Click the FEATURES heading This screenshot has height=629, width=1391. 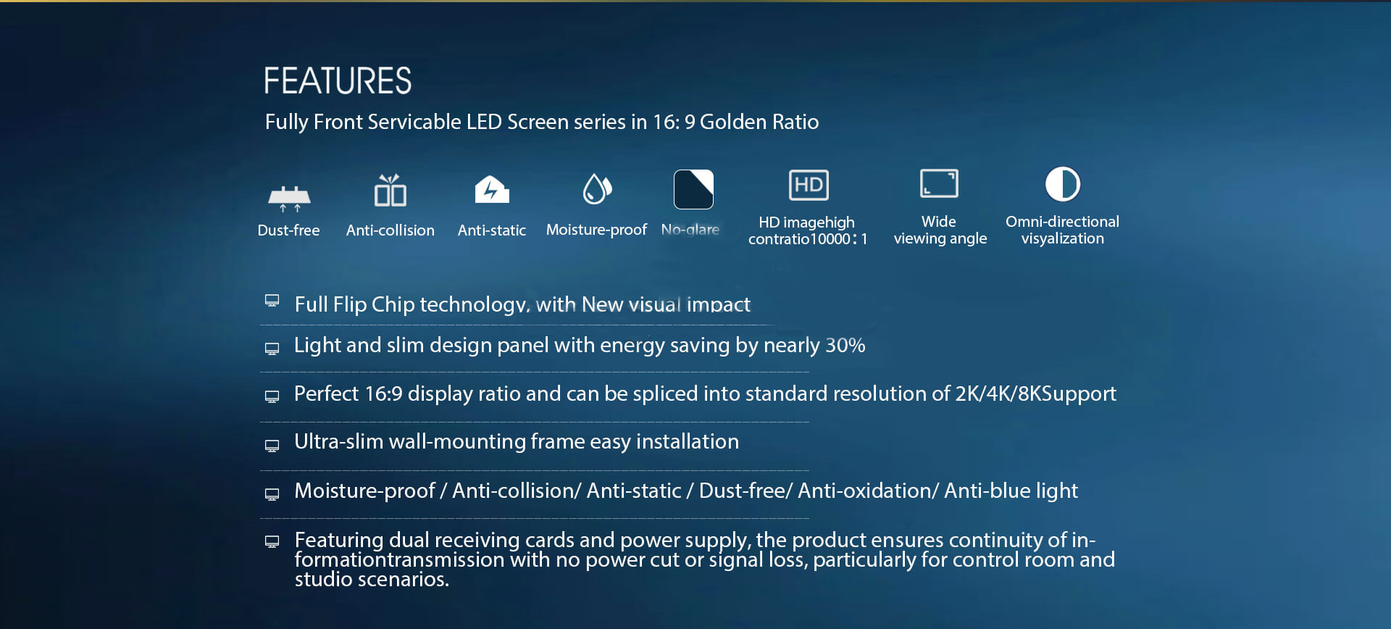[338, 80]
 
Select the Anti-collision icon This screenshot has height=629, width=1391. [390, 190]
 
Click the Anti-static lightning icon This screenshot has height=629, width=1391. [492, 189]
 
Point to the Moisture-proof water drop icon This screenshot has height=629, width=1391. [598, 189]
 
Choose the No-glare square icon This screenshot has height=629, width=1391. [693, 189]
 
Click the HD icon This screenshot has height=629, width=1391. [809, 185]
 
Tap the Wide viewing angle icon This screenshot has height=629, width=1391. [939, 183]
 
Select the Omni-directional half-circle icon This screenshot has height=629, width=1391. [1063, 184]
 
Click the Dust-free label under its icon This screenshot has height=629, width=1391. [288, 230]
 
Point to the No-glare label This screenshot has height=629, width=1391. [690, 230]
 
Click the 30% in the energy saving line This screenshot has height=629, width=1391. [845, 345]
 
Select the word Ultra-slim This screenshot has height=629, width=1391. [338, 441]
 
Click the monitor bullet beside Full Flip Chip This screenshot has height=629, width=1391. [272, 301]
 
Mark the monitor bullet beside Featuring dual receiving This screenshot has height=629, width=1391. [272, 542]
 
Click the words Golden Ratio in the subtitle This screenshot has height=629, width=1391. [759, 122]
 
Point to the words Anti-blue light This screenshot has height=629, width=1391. [1011, 491]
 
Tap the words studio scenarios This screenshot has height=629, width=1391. [372, 580]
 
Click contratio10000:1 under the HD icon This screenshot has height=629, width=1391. [808, 239]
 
